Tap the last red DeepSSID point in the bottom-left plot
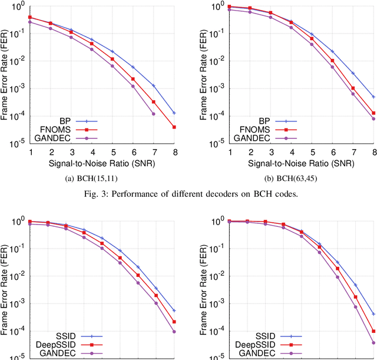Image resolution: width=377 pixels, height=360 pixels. tap(175, 322)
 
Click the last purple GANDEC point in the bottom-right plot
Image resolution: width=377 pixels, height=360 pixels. tap(373, 342)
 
